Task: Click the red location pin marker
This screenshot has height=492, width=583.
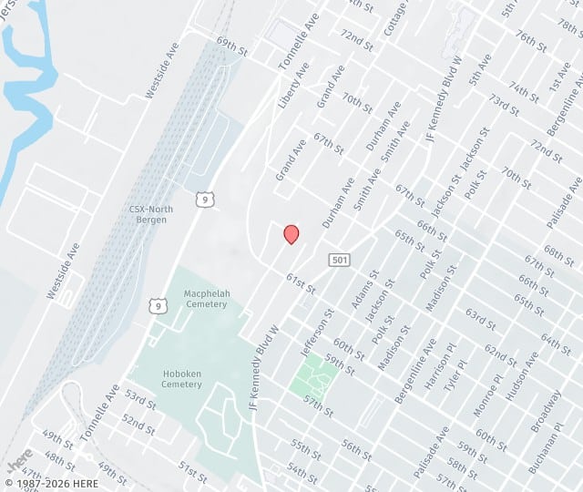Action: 291,234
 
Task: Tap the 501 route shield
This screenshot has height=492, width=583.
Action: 339,261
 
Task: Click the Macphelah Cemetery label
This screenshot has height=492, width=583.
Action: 205,299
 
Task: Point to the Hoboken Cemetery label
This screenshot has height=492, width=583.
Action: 181,378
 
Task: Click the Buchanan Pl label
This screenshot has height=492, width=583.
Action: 543,450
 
